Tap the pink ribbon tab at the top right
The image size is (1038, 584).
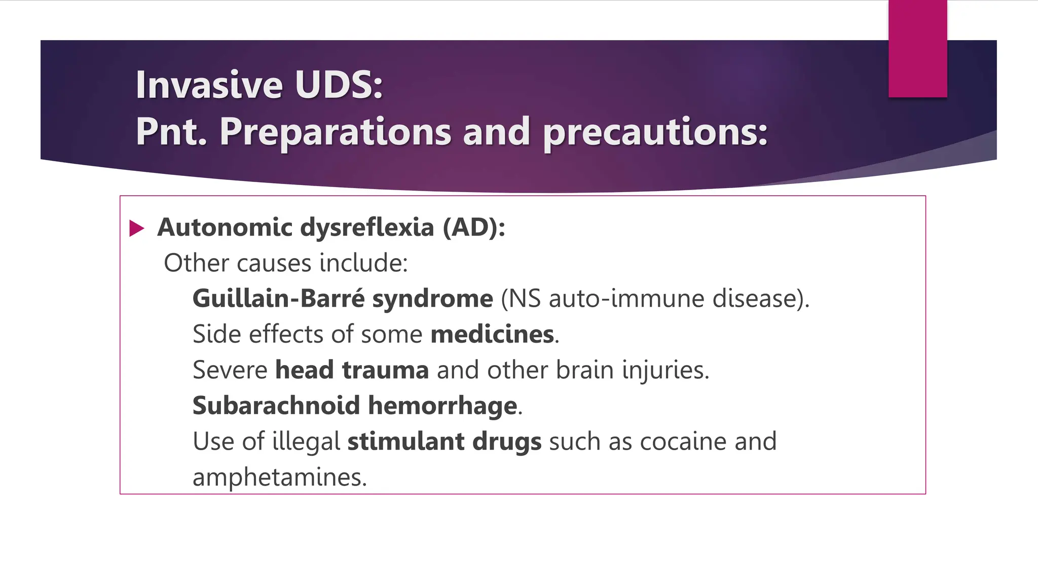coord(917,49)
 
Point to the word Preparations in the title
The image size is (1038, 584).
coord(335,132)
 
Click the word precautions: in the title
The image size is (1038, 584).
coord(655,132)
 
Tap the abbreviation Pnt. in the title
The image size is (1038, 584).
coord(171,132)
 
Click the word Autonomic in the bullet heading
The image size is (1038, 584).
coord(225,227)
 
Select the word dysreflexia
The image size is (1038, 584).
coord(367,227)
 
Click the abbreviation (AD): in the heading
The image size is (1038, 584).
coord(474,227)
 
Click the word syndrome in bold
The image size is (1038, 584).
coord(432,299)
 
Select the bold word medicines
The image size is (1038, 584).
coord(492,334)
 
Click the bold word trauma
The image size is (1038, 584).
coord(385,370)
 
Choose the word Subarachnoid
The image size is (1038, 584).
coord(276,406)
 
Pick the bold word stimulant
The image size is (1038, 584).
coord(405,441)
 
